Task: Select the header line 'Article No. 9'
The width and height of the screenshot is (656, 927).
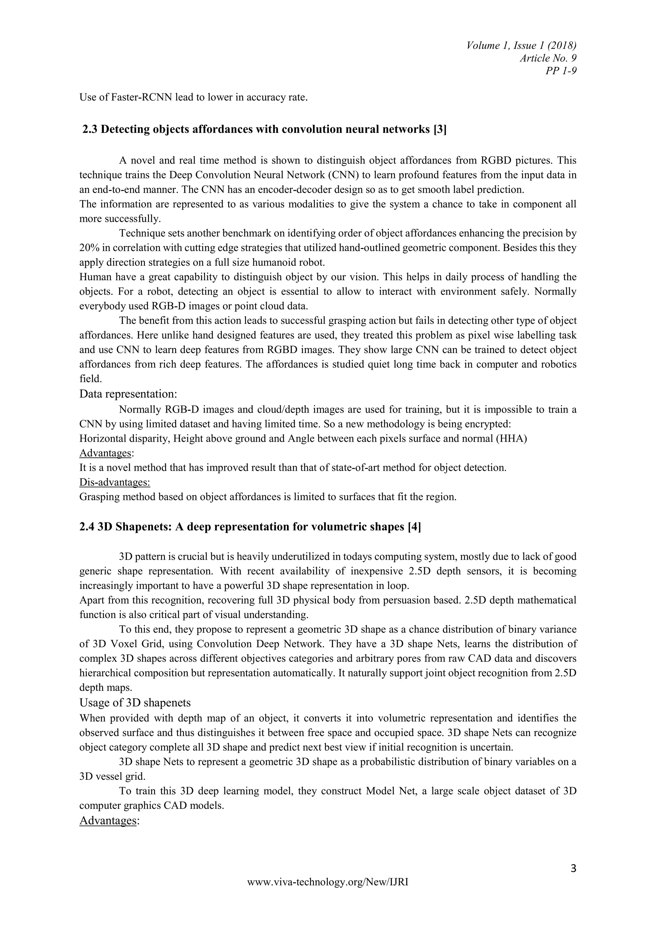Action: [x=548, y=58]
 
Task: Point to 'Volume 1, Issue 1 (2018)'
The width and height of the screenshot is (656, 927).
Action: [x=521, y=45]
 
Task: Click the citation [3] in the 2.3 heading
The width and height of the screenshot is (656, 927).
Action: [x=439, y=130]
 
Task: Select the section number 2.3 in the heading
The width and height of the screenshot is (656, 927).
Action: [x=90, y=130]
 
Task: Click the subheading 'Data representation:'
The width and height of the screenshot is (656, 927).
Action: [x=128, y=394]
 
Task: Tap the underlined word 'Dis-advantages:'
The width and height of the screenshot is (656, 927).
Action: [x=114, y=482]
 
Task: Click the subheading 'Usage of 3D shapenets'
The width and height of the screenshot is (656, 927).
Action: [x=135, y=703]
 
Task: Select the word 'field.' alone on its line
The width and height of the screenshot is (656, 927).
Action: [x=90, y=379]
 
